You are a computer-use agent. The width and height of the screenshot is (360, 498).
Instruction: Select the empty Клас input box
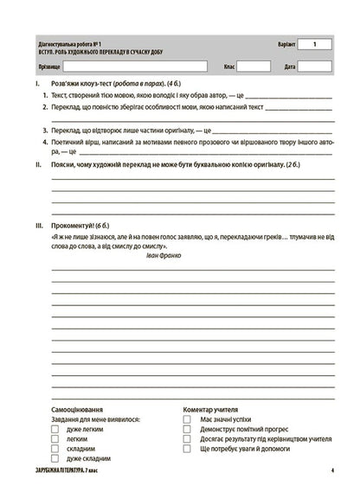254,66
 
